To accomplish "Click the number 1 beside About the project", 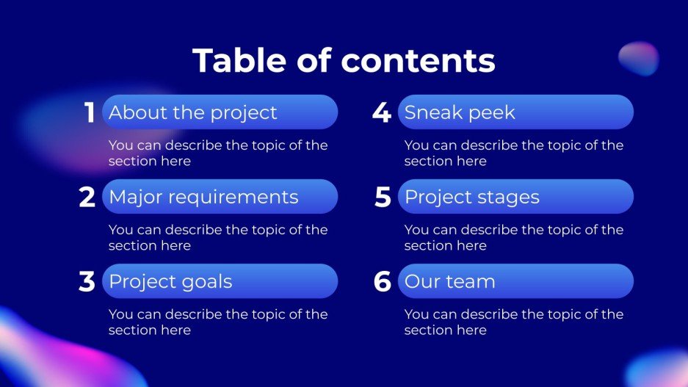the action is pos(90,112).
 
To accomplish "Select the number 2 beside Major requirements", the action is pos(87,197).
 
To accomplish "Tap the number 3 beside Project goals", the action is pos(87,281).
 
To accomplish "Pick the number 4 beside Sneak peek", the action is pos(382,112).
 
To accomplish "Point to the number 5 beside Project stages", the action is pos(383,197).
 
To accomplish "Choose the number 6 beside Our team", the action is pos(382,281).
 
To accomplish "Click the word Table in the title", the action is pos(239,60).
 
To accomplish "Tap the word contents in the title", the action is pos(418,61).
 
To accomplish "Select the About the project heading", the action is pos(193,113).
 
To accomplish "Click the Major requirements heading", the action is pos(203,198).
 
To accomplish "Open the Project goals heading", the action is pos(170,282).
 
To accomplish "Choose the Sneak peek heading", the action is pos(460,113).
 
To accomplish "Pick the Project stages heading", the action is pos(472,198).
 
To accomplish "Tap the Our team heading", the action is pos(450,282).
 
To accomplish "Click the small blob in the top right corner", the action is pos(638,58).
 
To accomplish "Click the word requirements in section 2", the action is pos(233,198).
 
